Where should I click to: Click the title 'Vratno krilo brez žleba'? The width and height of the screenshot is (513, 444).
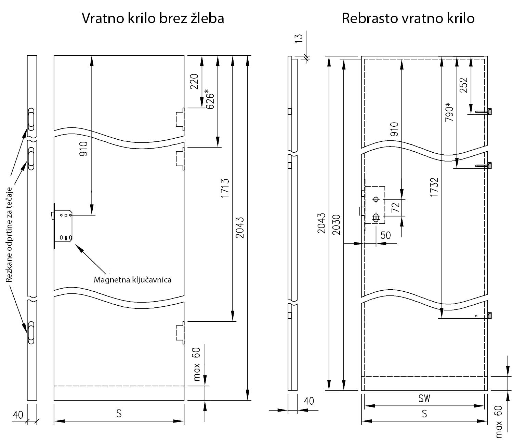click(x=153, y=18)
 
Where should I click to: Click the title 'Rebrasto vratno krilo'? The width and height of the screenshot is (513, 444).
click(x=408, y=18)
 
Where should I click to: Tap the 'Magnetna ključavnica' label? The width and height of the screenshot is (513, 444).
click(x=132, y=280)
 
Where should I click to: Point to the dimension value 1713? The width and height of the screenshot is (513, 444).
click(x=225, y=188)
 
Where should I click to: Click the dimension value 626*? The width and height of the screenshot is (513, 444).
click(x=209, y=99)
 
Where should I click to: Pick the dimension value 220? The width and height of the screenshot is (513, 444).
click(x=194, y=81)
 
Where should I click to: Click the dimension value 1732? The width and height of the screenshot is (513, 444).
click(x=434, y=186)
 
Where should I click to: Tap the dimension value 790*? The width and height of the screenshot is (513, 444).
click(x=450, y=112)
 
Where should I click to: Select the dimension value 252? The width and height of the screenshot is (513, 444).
click(x=463, y=85)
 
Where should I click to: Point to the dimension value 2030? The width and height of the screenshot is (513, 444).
click(x=337, y=224)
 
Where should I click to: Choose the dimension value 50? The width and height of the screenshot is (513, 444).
click(x=385, y=235)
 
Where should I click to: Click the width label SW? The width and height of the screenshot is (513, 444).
click(x=424, y=398)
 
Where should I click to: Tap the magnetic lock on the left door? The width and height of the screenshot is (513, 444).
click(x=63, y=226)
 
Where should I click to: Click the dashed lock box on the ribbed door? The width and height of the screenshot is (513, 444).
click(x=375, y=205)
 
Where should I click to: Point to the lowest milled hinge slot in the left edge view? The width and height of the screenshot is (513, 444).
click(x=31, y=332)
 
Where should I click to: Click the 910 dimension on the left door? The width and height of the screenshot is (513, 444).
click(x=84, y=149)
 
